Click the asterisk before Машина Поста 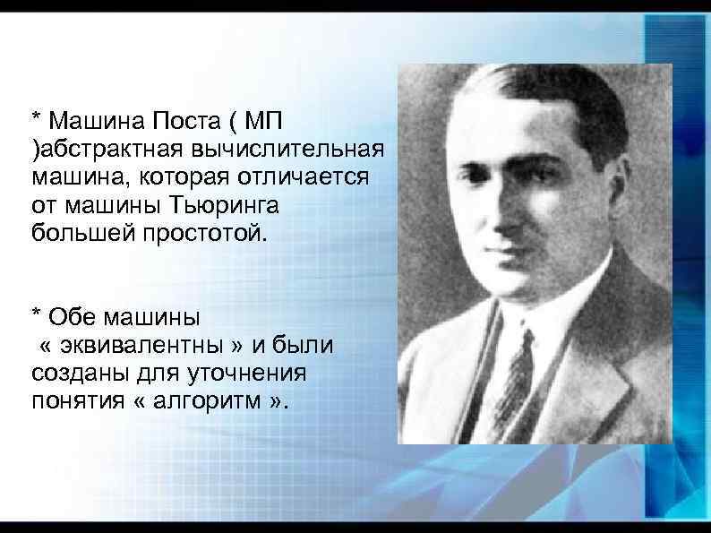(x=36, y=116)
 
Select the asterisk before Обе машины (x=36, y=314)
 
